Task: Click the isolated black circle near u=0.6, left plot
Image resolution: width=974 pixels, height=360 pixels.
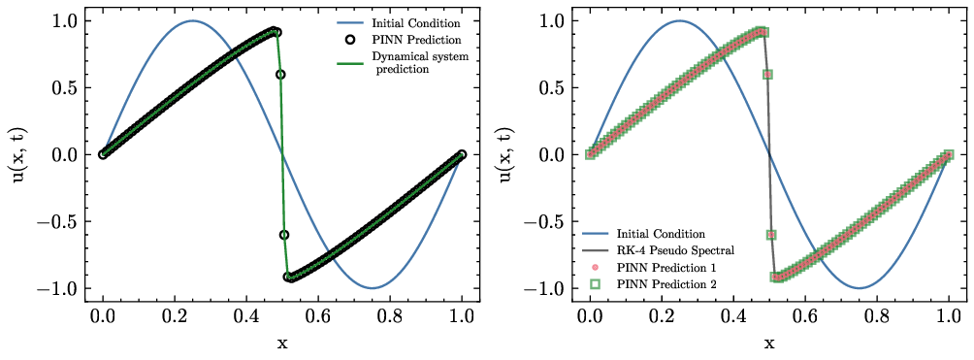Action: [281, 74]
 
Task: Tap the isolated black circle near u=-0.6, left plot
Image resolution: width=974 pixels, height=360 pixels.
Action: [284, 235]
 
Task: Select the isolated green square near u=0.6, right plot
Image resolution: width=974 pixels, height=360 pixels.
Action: [768, 74]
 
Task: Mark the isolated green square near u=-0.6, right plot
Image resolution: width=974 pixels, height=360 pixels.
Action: [771, 235]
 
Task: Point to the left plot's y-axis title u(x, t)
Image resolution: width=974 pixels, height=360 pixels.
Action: [18, 154]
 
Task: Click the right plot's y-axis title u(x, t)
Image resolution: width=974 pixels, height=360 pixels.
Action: [505, 154]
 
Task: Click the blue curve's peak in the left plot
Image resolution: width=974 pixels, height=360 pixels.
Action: [192, 20]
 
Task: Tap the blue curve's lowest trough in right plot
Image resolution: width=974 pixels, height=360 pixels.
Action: [860, 288]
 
